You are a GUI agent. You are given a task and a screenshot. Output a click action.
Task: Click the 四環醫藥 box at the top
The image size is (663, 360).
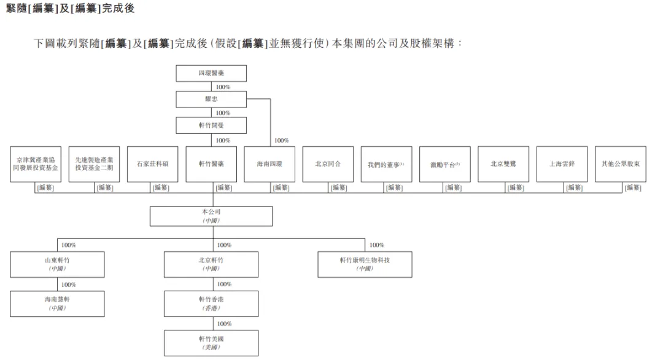(x=211, y=74)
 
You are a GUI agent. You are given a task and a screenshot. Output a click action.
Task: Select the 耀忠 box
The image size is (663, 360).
(x=211, y=100)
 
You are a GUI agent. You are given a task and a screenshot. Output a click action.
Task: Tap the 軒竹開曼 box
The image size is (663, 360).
(x=211, y=126)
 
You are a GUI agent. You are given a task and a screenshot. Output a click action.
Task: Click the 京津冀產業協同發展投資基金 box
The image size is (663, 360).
(x=35, y=164)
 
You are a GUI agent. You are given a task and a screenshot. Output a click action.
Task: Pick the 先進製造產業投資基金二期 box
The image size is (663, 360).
(x=94, y=164)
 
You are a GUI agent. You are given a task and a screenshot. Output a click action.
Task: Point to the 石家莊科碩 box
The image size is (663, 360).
(x=152, y=164)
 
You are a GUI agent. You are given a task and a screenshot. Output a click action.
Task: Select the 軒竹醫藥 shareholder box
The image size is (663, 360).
(x=211, y=164)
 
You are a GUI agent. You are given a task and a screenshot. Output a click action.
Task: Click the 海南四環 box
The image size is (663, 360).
(x=269, y=164)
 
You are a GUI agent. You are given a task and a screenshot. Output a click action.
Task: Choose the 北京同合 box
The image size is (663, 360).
(x=328, y=164)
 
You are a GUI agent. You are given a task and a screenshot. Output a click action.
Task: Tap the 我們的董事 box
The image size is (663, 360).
(x=386, y=164)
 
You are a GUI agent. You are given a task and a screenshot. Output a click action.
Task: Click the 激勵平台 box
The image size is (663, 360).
(x=445, y=164)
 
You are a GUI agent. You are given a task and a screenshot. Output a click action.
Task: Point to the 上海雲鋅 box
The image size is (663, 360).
(x=562, y=164)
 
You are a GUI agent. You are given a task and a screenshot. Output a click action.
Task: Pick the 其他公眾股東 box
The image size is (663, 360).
(x=620, y=164)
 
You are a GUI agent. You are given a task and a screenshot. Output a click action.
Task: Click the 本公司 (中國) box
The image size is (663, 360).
(x=211, y=216)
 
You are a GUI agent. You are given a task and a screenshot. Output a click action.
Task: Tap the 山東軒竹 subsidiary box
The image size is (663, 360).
(x=57, y=264)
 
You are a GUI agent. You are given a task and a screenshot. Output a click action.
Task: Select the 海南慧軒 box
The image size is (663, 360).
(x=57, y=303)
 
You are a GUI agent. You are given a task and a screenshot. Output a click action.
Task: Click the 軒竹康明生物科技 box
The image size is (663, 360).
(x=365, y=264)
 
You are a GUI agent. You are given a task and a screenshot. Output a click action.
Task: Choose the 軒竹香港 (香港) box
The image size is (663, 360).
(x=211, y=303)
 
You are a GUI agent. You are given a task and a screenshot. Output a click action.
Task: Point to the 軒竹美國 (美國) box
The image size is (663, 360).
(x=211, y=343)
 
